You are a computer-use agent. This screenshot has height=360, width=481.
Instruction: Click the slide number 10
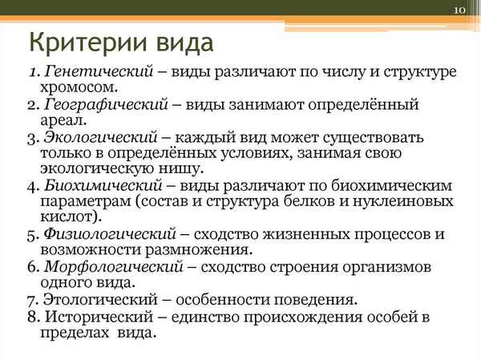(459, 10)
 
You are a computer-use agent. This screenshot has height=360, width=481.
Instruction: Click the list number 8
(30, 317)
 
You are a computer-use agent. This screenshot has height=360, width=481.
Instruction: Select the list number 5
(30, 234)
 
